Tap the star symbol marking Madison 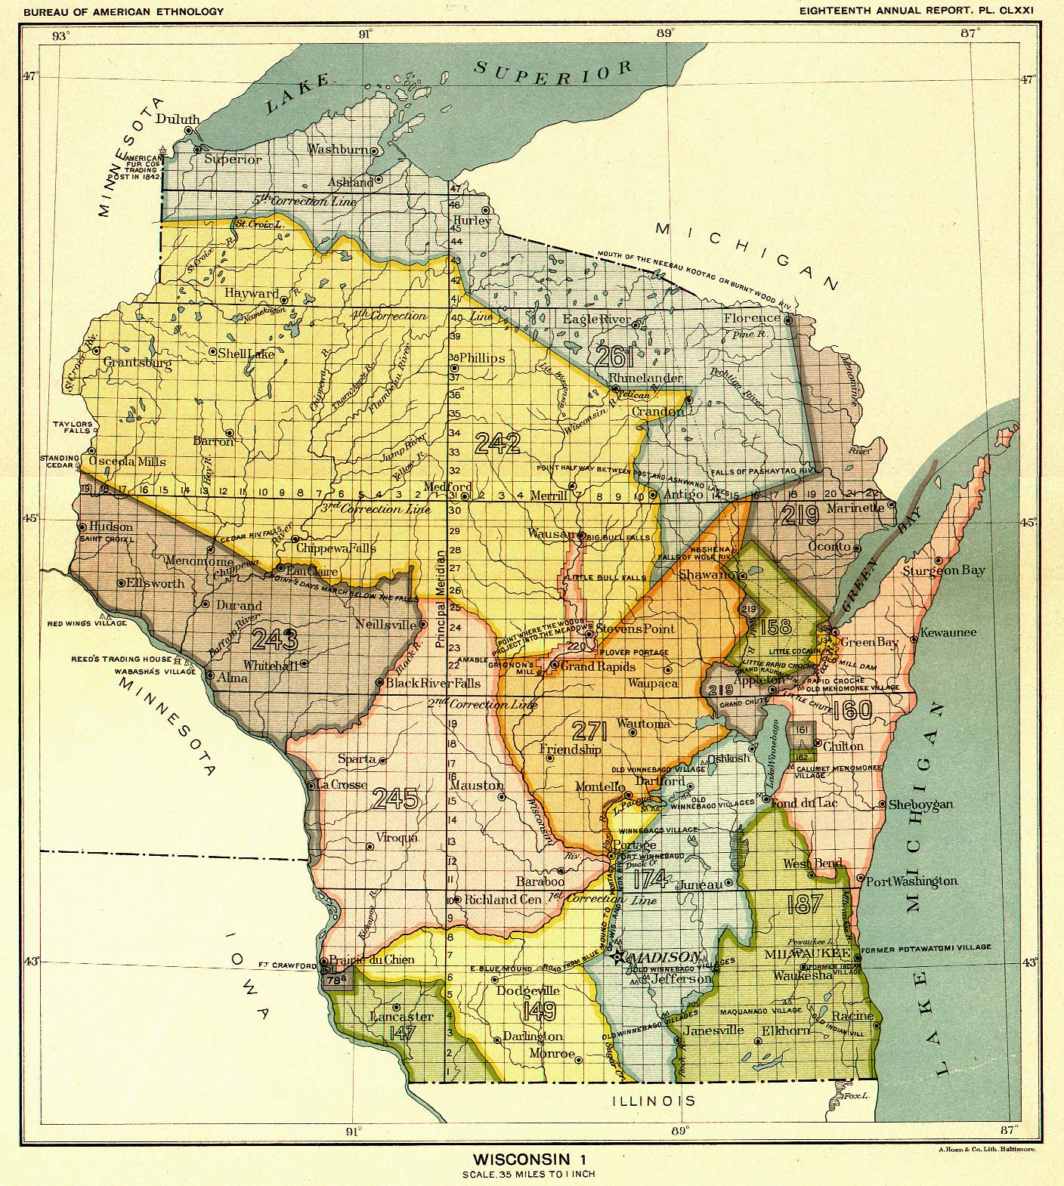(620, 957)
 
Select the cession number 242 (497, 443)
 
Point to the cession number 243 (275, 640)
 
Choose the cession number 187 (803, 904)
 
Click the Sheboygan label (920, 805)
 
